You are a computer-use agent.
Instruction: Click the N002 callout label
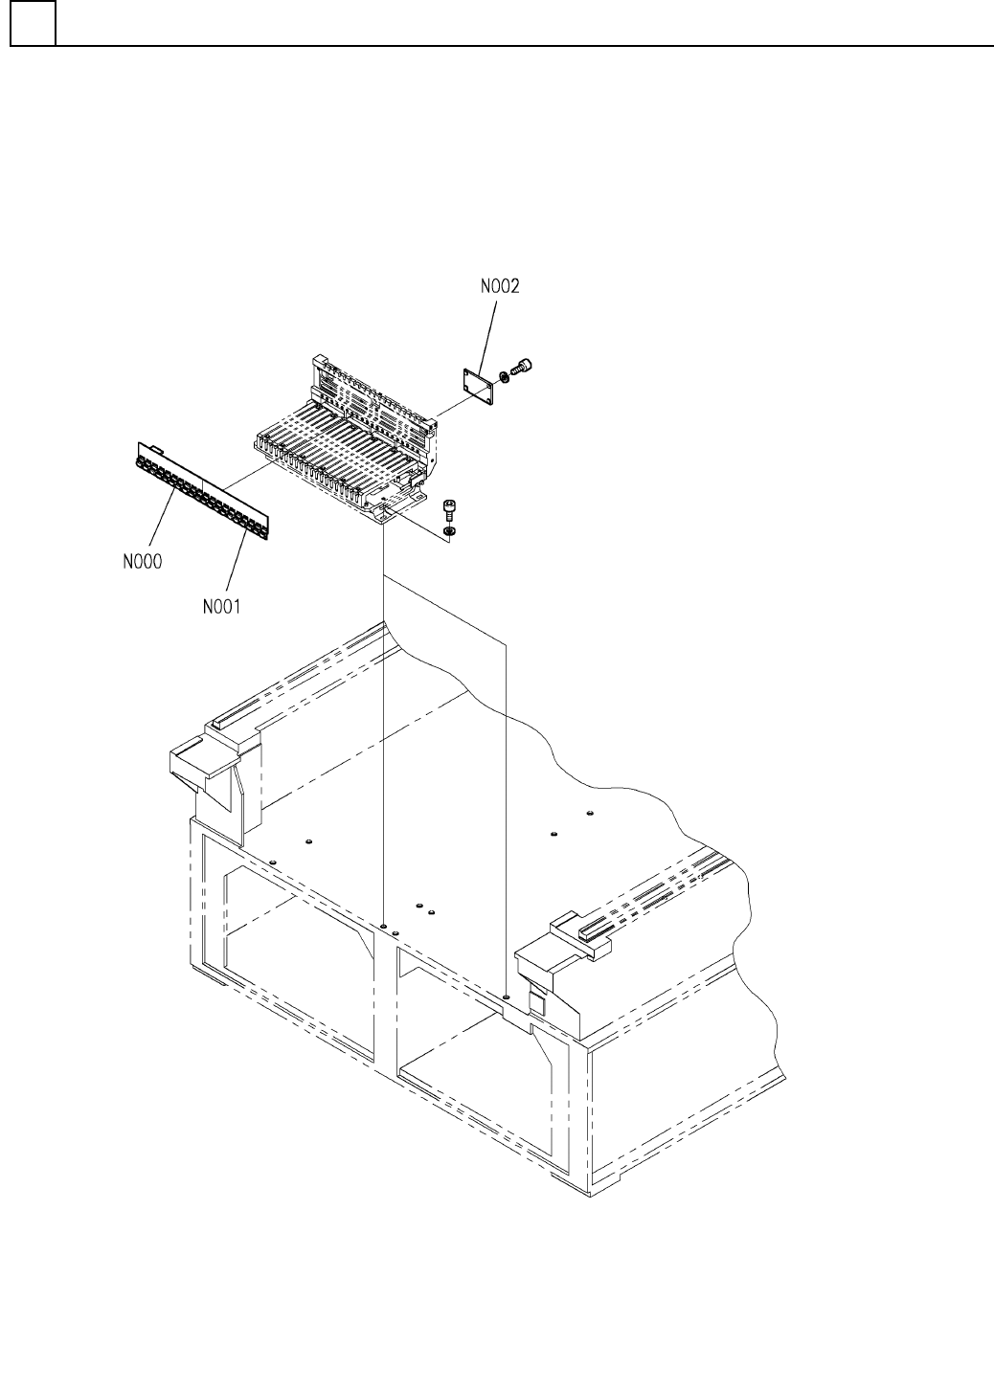coord(501,285)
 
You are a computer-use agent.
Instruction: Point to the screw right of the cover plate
coord(523,367)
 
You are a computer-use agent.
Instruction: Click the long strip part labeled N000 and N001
coord(202,488)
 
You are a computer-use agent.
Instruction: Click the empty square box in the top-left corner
coord(33,24)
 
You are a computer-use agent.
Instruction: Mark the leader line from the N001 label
coord(234,560)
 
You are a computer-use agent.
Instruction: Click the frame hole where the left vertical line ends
coord(383,927)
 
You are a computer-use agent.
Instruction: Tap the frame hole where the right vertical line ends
coord(506,997)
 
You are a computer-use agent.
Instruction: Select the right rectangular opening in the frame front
coord(474,1053)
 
